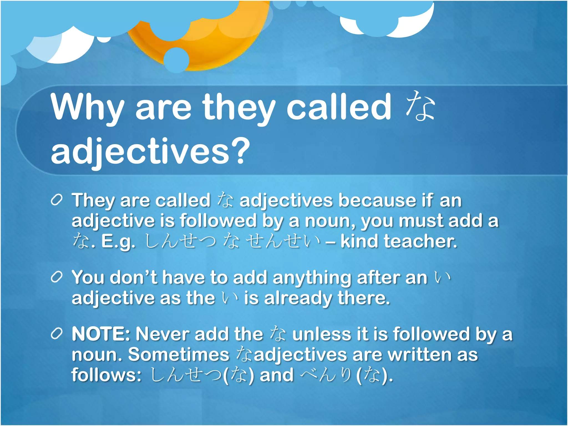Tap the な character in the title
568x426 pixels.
420,106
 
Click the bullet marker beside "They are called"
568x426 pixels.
57,200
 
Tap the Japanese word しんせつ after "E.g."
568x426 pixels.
180,241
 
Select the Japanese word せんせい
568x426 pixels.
283,241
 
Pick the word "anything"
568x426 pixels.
312,278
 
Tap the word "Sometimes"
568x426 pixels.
179,354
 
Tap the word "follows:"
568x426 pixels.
106,375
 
